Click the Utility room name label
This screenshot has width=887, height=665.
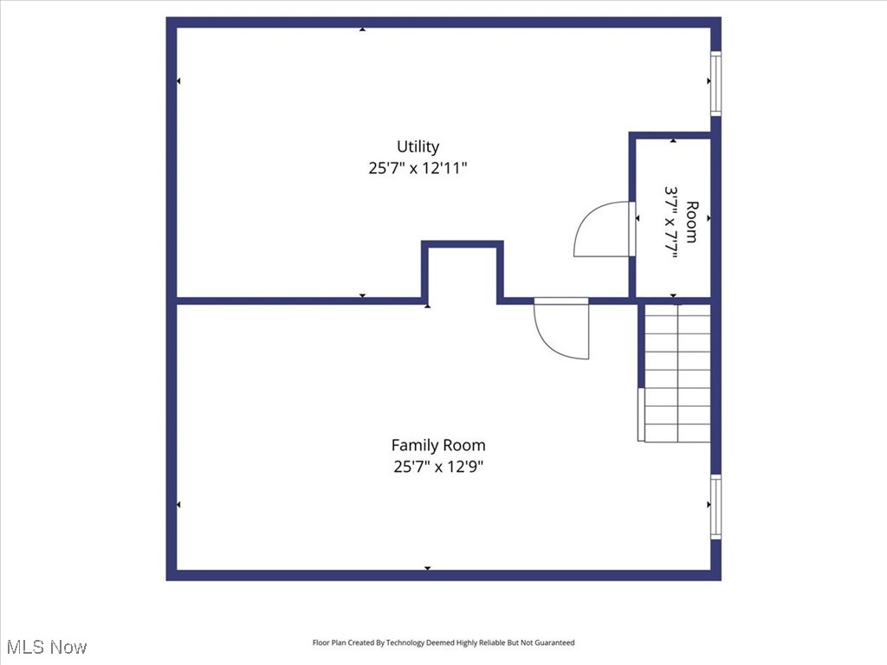click(418, 146)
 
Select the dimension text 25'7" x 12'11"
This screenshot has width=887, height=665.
click(418, 169)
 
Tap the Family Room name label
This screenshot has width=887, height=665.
click(437, 445)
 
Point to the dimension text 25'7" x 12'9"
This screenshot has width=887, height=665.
click(437, 468)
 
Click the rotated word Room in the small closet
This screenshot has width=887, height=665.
click(691, 221)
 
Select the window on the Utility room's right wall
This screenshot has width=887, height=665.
click(715, 83)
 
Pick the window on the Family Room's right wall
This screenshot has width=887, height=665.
click(715, 507)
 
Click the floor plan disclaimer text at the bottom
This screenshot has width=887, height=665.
click(443, 642)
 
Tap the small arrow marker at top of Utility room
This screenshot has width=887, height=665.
click(362, 29)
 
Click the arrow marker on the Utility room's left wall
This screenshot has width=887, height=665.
click(178, 81)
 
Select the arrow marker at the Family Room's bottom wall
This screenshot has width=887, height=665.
click(427, 568)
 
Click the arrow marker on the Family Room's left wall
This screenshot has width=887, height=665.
click(178, 505)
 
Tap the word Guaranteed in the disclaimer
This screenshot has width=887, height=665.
click(554, 642)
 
